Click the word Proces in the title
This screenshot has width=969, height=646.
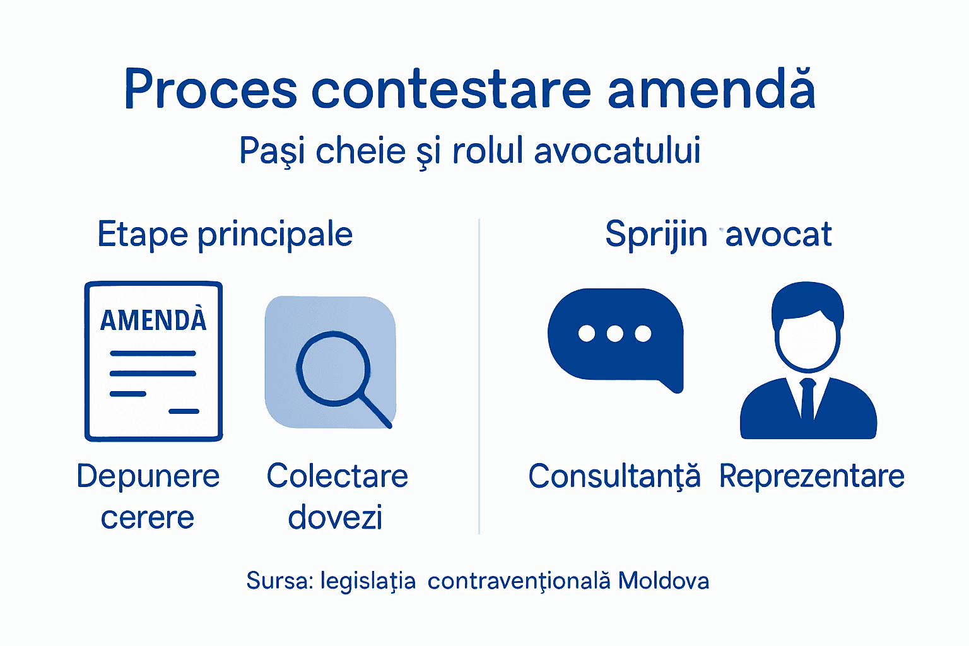(211, 90)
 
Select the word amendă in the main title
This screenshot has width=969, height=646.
(711, 90)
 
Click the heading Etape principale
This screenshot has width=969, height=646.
(225, 235)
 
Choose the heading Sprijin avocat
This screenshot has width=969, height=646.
(718, 235)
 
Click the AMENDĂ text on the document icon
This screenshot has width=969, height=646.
(153, 320)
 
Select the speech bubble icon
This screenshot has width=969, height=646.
(615, 337)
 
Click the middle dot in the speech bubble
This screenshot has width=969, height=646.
(615, 333)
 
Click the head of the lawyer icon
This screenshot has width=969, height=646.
(807, 328)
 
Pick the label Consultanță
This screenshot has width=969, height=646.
(614, 476)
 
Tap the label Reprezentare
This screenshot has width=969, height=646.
(812, 476)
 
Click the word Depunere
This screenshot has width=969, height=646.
(148, 476)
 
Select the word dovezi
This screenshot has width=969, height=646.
(335, 517)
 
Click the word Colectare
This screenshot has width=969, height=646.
(337, 476)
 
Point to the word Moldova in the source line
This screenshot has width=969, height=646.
(664, 580)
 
